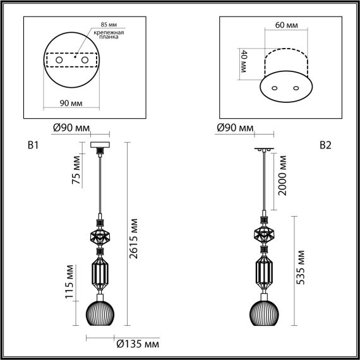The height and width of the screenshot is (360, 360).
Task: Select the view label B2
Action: coord(325,146)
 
